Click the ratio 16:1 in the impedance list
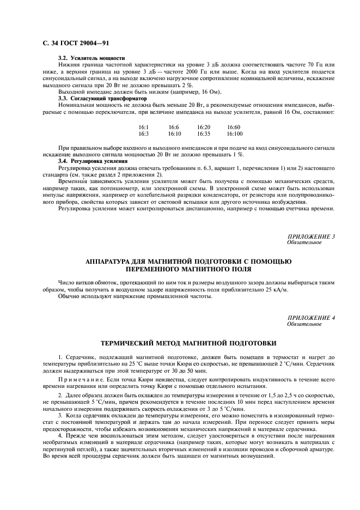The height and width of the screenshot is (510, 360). point(144,127)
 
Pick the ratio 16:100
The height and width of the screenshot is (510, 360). point(234,133)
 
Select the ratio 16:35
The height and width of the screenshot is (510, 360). point(204,133)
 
